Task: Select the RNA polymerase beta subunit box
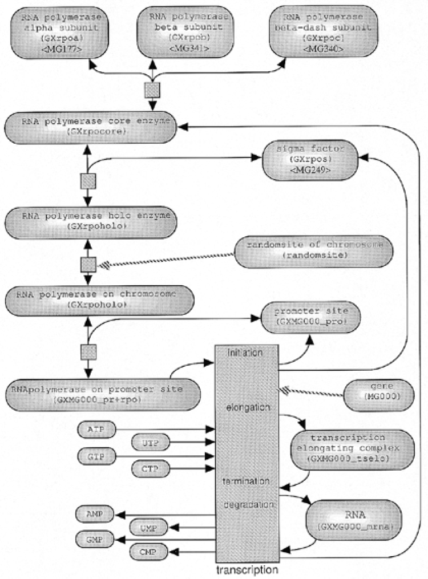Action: [x=184, y=33]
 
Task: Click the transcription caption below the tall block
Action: [x=247, y=569]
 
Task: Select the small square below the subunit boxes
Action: [x=152, y=90]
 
